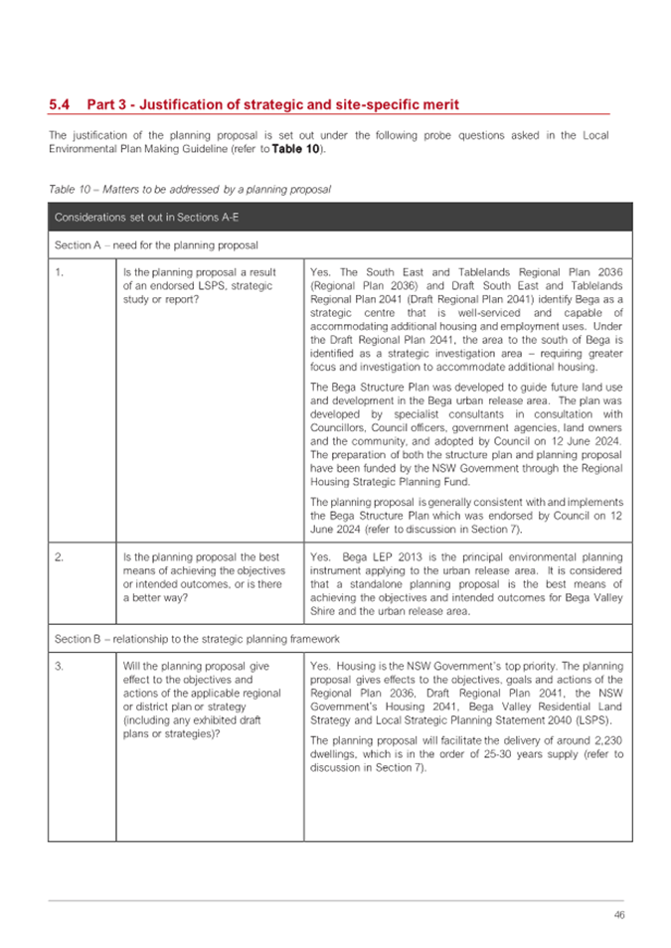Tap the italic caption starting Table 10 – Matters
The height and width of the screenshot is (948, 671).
coord(189,188)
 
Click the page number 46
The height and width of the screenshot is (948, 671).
coord(618,914)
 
